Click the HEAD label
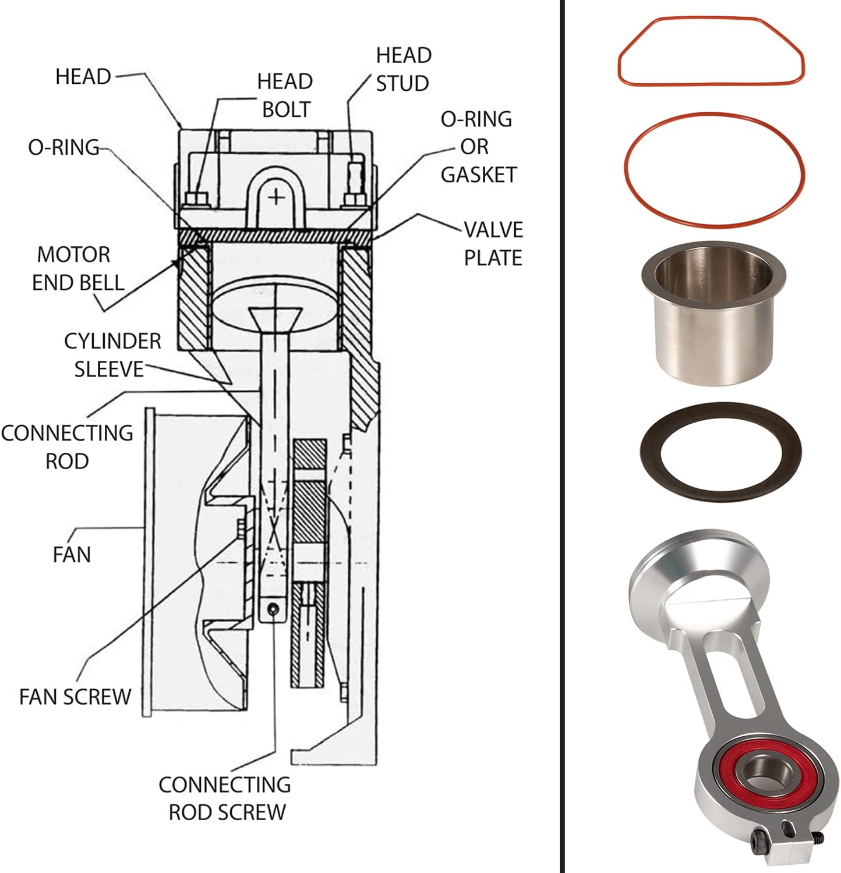coord(83,77)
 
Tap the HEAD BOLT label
coord(285,95)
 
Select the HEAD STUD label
coord(403,69)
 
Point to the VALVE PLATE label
coord(493,244)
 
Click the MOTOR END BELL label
coord(77,268)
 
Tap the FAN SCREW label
coord(75,697)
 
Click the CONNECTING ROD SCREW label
coord(225,798)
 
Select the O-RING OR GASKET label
coord(478,147)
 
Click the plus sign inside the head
coord(277,197)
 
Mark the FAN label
coord(72,555)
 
